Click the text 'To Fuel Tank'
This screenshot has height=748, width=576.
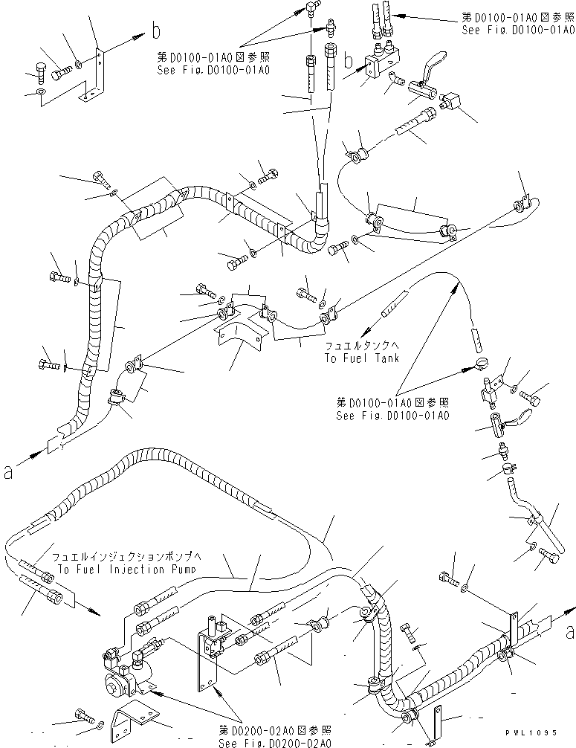(x=361, y=358)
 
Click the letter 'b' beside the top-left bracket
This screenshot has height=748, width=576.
(x=155, y=30)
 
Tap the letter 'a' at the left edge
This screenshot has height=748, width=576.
(x=8, y=471)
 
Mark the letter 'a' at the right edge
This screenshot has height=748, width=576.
(x=569, y=633)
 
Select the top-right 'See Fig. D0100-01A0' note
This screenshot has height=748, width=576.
(x=518, y=30)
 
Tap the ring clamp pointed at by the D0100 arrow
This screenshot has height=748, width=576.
(x=479, y=365)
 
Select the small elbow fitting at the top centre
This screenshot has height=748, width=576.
(x=308, y=8)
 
